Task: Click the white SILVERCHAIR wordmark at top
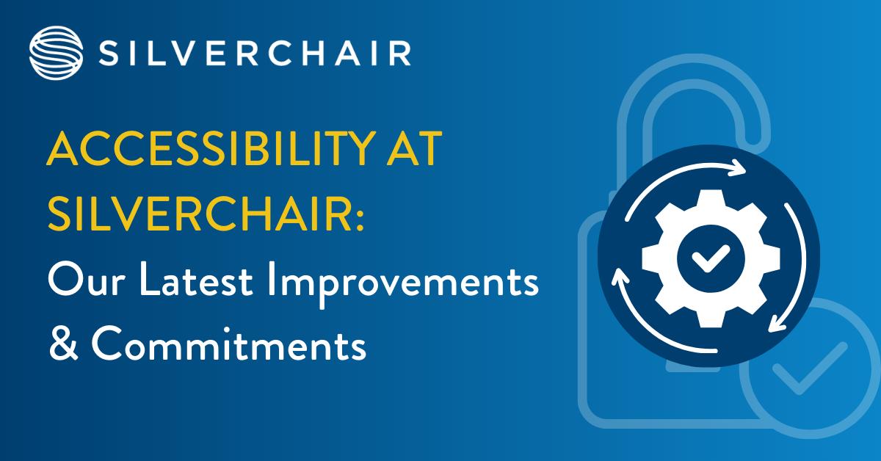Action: point(253,54)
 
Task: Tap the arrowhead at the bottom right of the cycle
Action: point(777,326)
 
